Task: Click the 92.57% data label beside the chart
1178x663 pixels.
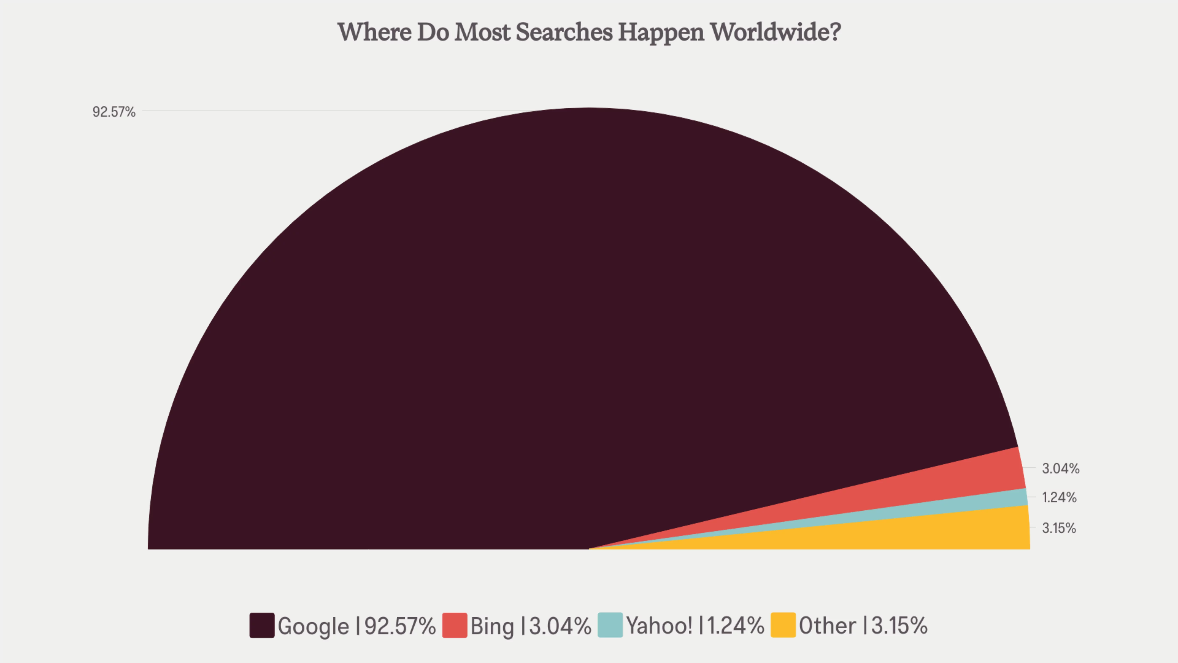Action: (x=114, y=112)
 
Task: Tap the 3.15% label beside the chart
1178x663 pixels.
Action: (x=1059, y=528)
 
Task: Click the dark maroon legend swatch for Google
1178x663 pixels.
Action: (x=262, y=625)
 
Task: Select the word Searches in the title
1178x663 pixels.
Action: (x=564, y=32)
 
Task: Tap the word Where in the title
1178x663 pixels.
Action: (x=374, y=32)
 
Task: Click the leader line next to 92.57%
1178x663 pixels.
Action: (x=320, y=111)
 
